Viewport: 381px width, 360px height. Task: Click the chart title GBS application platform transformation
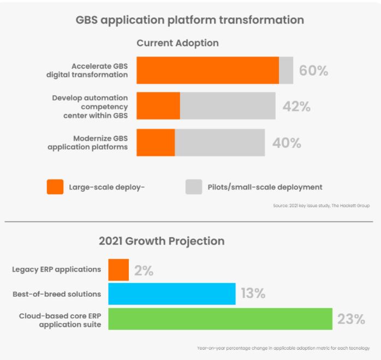[189, 20]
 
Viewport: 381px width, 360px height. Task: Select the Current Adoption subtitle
[178, 43]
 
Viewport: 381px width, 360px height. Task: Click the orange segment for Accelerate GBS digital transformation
[207, 70]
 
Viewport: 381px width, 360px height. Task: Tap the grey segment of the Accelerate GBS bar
[286, 70]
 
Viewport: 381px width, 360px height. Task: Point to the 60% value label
[313, 71]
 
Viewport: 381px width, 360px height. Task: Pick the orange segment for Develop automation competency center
[158, 106]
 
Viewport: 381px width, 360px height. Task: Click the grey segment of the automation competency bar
[228, 106]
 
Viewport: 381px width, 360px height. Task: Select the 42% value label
[296, 106]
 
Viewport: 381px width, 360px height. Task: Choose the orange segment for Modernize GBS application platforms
[156, 142]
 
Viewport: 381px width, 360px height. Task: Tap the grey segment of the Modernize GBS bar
[219, 142]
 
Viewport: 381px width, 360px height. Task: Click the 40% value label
[287, 143]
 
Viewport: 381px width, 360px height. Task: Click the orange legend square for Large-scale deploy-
[55, 187]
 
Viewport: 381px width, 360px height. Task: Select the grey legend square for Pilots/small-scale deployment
[194, 187]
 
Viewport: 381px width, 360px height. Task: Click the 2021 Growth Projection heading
[162, 241]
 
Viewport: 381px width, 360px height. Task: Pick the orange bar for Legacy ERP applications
[118, 269]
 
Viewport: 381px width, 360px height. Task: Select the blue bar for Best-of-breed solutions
[172, 293]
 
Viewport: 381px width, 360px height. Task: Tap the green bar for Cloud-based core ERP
[220, 319]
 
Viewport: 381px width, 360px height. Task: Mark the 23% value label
[350, 319]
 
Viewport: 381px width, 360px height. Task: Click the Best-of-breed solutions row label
[57, 294]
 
